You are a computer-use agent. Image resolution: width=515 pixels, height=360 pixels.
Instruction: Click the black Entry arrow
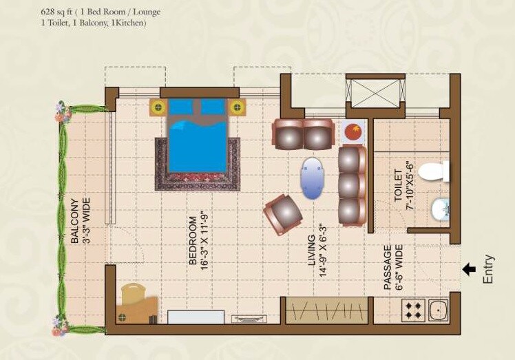point(471,269)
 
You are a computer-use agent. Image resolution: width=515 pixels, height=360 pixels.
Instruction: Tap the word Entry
point(490,269)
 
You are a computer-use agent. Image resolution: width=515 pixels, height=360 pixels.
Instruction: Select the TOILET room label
point(397,184)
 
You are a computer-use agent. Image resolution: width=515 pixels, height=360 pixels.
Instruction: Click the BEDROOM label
point(193,241)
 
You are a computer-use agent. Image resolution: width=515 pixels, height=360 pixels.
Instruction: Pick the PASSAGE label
point(387,267)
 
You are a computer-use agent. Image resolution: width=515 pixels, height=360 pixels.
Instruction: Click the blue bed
point(198,138)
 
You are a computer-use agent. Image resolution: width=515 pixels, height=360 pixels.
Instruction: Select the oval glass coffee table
point(313,178)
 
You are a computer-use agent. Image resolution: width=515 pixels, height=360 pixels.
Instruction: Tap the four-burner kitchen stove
point(414,311)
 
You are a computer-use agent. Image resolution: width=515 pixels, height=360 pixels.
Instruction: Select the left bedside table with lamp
point(158,107)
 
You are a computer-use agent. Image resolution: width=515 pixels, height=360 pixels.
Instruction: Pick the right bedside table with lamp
point(238,107)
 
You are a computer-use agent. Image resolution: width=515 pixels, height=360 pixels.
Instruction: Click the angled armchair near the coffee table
point(284,214)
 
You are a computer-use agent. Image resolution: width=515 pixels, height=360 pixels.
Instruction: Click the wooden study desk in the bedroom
point(138,303)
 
